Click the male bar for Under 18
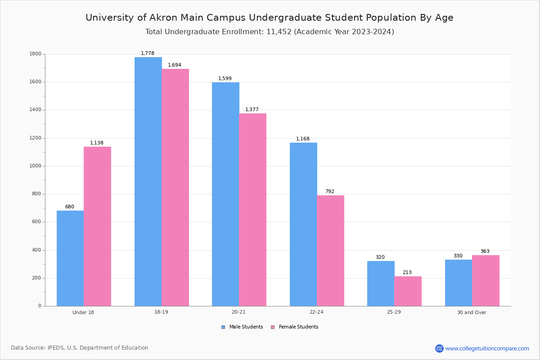pos(70,258)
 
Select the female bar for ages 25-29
pos(408,291)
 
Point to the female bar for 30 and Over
pos(486,280)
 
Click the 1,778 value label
pos(148,53)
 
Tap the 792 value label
pos(330,192)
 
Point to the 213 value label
pos(407,273)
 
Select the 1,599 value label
pos(225,79)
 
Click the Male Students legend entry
pos(243,327)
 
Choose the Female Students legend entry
pos(295,327)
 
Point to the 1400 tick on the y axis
pos(36,110)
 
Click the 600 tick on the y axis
pos(37,222)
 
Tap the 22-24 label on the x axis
pos(316,312)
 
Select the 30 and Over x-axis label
pos(472,312)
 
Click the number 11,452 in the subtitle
pos(276,32)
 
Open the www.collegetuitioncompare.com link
pos(487,348)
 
